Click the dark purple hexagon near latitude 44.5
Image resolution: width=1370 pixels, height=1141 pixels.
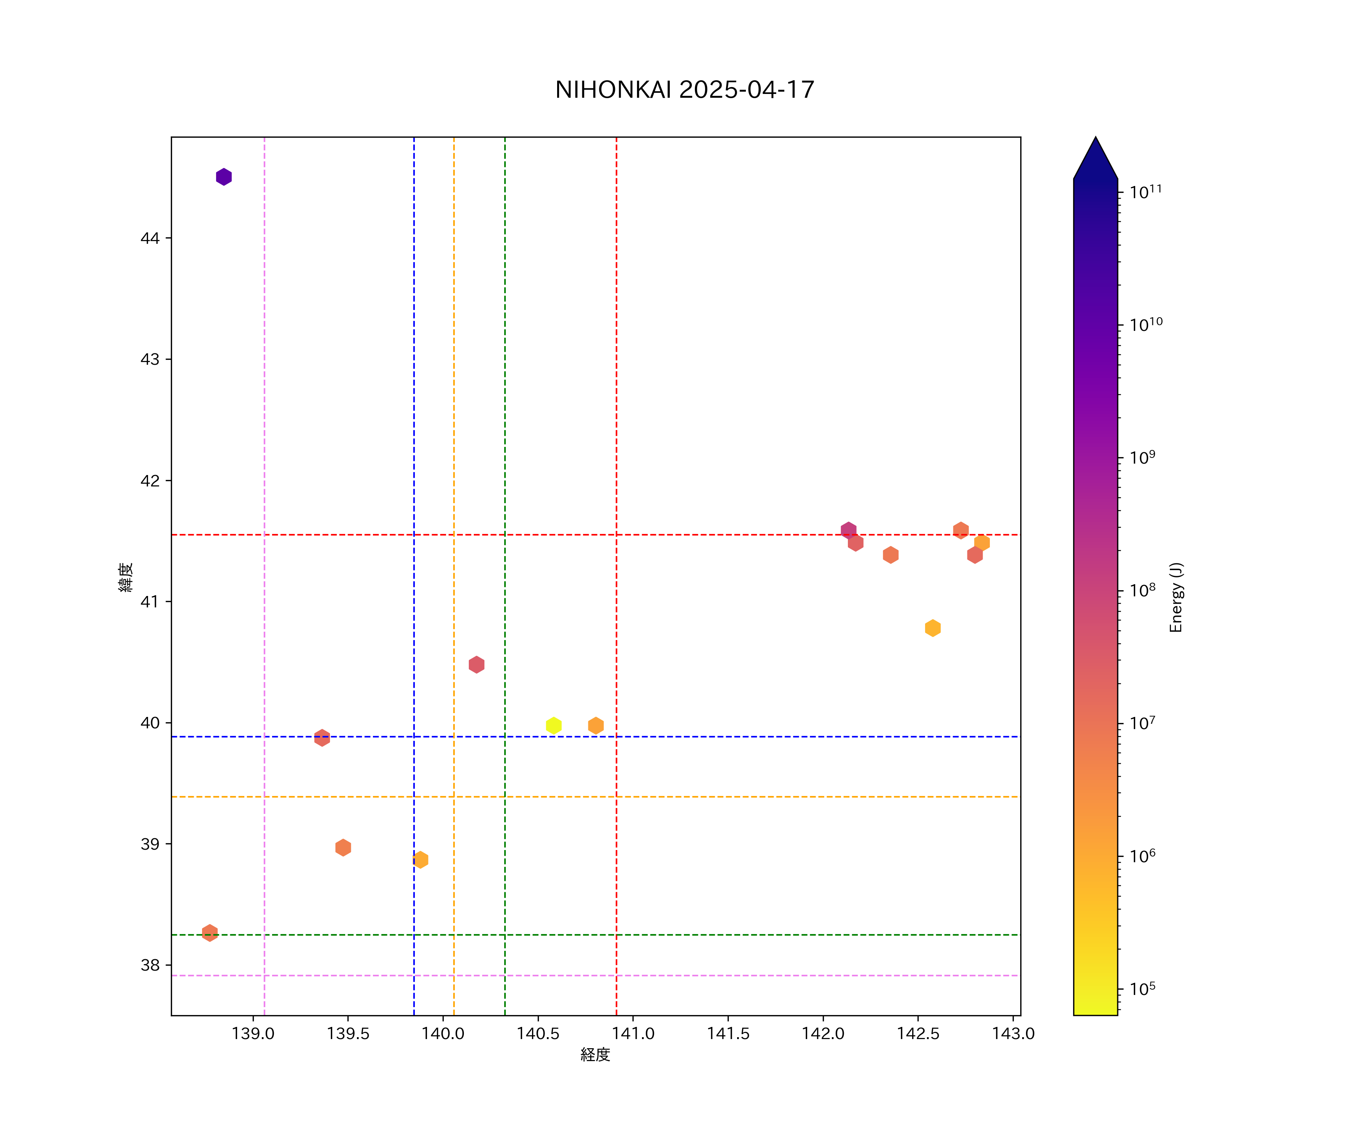click(x=224, y=177)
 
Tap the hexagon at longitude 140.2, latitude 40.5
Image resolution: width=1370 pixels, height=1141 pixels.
click(x=476, y=664)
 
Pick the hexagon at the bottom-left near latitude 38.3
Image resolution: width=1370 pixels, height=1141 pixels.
click(x=209, y=933)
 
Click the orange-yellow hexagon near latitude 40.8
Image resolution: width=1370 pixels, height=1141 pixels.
click(x=932, y=628)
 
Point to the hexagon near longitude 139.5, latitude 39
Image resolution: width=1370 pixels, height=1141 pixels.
click(x=343, y=848)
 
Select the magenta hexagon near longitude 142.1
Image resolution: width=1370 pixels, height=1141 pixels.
click(x=848, y=530)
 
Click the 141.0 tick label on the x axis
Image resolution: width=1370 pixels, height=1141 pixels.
click(x=633, y=1033)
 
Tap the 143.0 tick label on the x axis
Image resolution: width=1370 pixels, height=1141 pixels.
click(x=1013, y=1033)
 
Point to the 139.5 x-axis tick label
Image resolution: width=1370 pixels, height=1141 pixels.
click(x=348, y=1033)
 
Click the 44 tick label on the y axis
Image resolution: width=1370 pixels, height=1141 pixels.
click(x=150, y=238)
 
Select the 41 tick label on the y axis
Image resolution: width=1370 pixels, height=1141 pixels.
click(x=150, y=601)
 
